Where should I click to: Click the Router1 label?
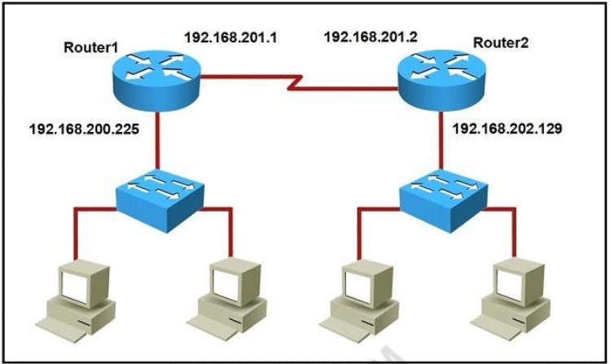click(90, 46)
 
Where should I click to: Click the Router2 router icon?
click(441, 72)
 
